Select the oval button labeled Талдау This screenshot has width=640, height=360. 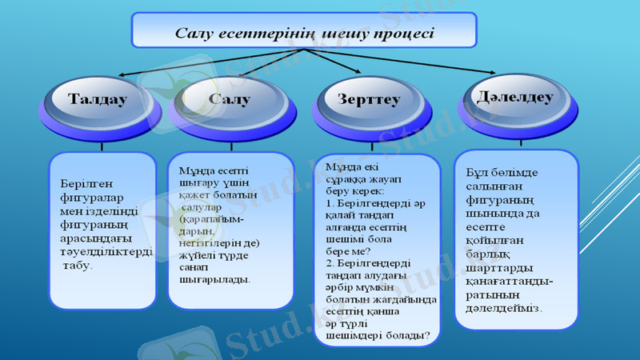coord(98,101)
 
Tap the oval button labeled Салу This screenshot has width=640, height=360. coord(229,101)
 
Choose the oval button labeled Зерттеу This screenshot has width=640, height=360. coord(369,101)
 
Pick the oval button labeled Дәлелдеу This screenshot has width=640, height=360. coord(514,98)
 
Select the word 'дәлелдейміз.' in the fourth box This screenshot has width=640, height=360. coord(503,306)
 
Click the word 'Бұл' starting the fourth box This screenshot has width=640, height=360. coord(474,172)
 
